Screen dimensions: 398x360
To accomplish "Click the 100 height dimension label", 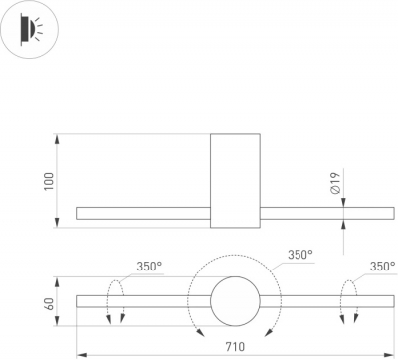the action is click(x=49, y=181).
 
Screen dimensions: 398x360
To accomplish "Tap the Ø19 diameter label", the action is click(x=335, y=183).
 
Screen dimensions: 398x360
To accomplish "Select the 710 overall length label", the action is click(x=235, y=346).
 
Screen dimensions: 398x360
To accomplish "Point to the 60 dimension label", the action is click(x=49, y=304).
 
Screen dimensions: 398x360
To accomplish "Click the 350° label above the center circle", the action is click(x=300, y=255).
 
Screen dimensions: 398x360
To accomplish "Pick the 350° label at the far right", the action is click(x=383, y=267).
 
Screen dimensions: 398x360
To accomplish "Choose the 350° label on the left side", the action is click(x=150, y=267).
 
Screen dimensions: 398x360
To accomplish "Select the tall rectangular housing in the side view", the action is click(x=235, y=181).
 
